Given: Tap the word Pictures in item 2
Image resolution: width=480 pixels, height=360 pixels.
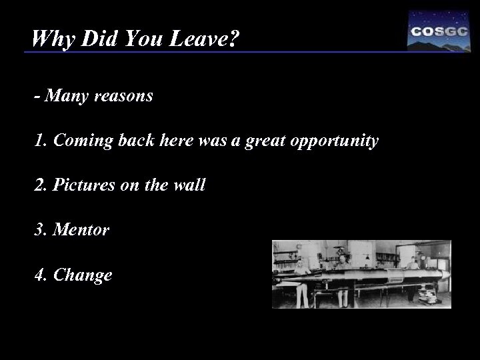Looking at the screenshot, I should tap(79, 185).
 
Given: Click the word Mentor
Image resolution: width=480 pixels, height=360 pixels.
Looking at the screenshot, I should tap(81, 230).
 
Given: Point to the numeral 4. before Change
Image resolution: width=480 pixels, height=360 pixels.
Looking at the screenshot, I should tap(41, 275).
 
